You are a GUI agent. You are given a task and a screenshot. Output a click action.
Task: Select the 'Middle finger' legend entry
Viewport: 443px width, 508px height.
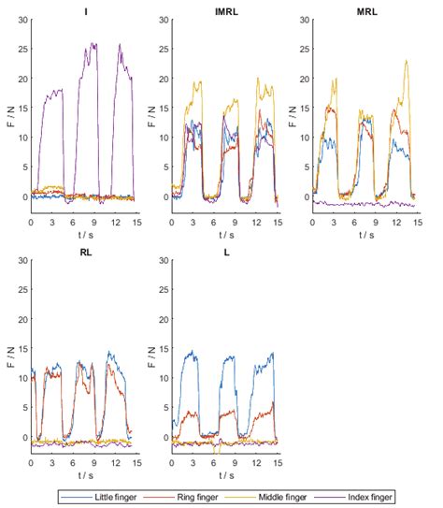293,496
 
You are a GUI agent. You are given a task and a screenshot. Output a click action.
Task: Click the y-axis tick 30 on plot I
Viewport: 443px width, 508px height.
21,18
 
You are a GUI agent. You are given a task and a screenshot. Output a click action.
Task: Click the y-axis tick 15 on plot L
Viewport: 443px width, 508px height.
163,348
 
